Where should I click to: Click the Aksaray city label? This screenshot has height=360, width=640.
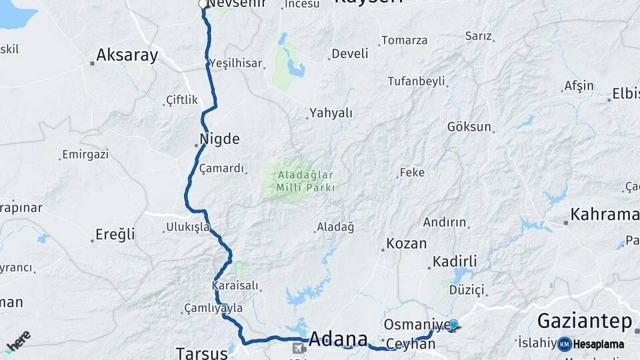point(127,55)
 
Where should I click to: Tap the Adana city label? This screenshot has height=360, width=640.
point(339,338)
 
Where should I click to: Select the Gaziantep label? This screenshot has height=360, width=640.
point(585,322)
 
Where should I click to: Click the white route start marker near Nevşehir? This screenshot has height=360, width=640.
point(203,5)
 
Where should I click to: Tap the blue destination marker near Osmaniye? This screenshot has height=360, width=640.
point(454,325)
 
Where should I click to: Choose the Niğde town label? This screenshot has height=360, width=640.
point(219,140)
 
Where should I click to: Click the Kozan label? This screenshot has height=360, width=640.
point(406,244)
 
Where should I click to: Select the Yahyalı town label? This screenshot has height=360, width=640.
point(331,113)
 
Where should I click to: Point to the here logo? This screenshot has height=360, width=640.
point(18,341)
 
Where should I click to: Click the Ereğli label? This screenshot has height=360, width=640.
point(115,234)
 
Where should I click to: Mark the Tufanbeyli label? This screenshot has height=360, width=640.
point(417,81)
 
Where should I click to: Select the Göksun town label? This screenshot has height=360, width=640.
point(469,127)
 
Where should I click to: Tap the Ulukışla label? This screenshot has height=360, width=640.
point(189,227)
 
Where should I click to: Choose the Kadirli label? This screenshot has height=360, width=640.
point(455,261)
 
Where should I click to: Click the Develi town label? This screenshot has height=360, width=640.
point(350,54)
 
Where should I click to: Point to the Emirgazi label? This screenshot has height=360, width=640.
point(85,155)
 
